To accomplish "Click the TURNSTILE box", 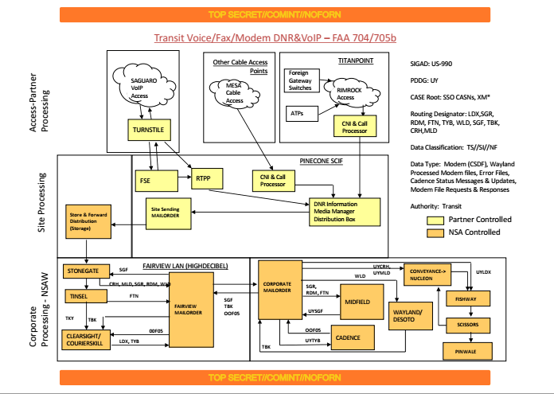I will point(150,128).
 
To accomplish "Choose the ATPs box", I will point(300,114).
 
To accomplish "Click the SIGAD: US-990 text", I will point(431,61).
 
